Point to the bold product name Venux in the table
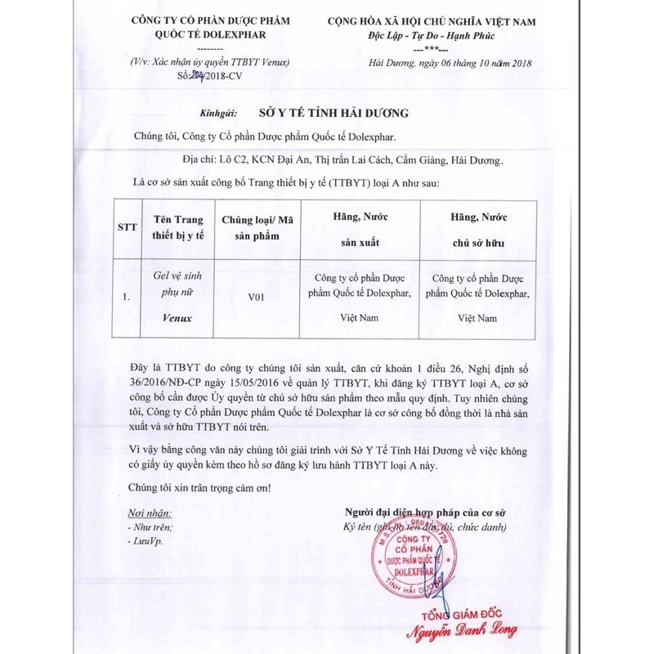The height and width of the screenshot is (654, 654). [x=177, y=318]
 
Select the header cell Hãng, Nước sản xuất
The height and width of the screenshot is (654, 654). [x=361, y=229]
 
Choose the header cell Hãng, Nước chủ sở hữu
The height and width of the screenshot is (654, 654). [x=478, y=229]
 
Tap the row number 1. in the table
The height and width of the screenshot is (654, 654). [x=126, y=298]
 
